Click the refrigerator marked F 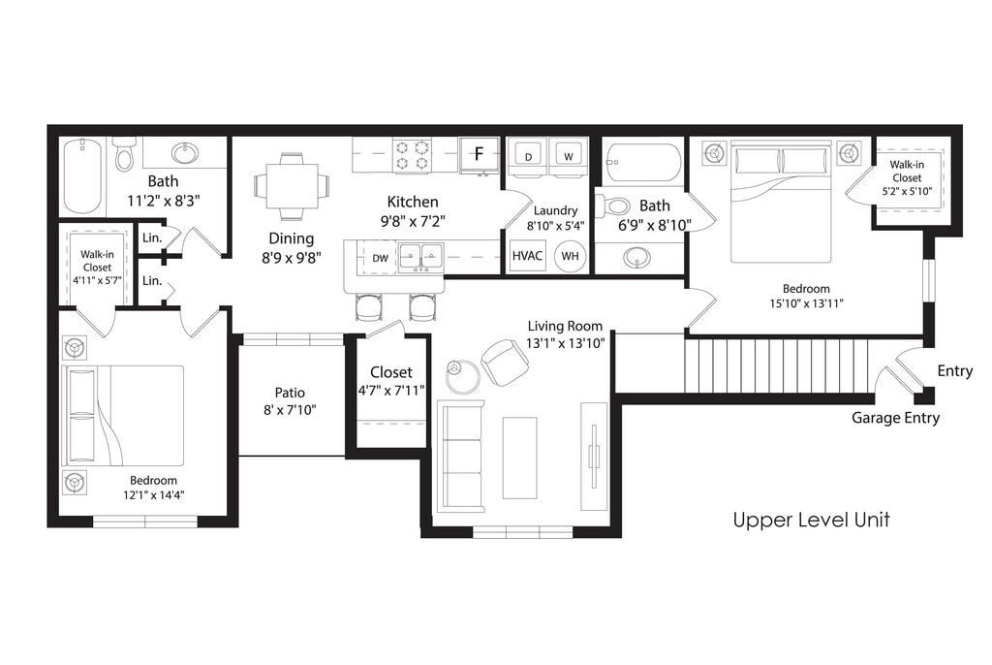(x=479, y=154)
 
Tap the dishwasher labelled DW (x=380, y=258)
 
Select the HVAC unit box (x=527, y=256)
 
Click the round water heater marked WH (x=570, y=256)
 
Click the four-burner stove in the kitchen (x=412, y=155)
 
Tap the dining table (x=292, y=185)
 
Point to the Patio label (x=290, y=393)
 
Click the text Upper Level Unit (x=812, y=520)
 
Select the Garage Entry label (x=895, y=418)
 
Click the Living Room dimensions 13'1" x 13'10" (x=566, y=343)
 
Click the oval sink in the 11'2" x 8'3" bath (x=185, y=152)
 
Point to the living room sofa (x=459, y=457)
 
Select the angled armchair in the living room (x=505, y=363)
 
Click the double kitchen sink (x=420, y=259)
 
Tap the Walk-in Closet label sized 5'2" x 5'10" (x=907, y=178)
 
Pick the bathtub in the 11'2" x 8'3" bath (x=83, y=177)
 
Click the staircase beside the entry (x=780, y=366)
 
